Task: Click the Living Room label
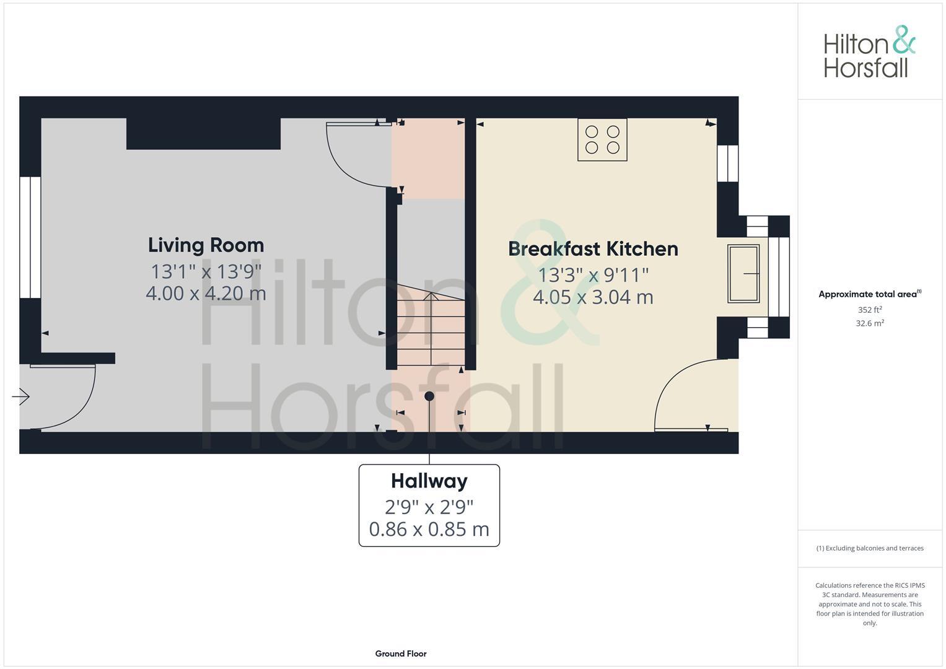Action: coord(206,245)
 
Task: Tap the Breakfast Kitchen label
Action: coord(593,249)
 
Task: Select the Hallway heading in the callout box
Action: coord(429,481)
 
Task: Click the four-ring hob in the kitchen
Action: coord(602,140)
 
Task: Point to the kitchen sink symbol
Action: coord(743,274)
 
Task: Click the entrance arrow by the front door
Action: coord(21,396)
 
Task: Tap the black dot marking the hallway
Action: coord(429,396)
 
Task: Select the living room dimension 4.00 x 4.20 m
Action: coord(206,293)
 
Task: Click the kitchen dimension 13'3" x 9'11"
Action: coord(593,274)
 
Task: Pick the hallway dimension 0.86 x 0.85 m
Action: coord(429,530)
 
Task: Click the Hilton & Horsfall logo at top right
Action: coord(869,52)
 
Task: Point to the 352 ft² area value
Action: coord(869,310)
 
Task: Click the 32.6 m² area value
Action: coord(869,323)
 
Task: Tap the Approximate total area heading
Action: coord(869,294)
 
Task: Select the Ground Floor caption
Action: coord(401,654)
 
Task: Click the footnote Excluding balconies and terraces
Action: coord(869,548)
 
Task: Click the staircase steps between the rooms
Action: coord(431,331)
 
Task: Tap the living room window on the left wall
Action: coord(30,237)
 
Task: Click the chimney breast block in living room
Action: coord(203,134)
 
